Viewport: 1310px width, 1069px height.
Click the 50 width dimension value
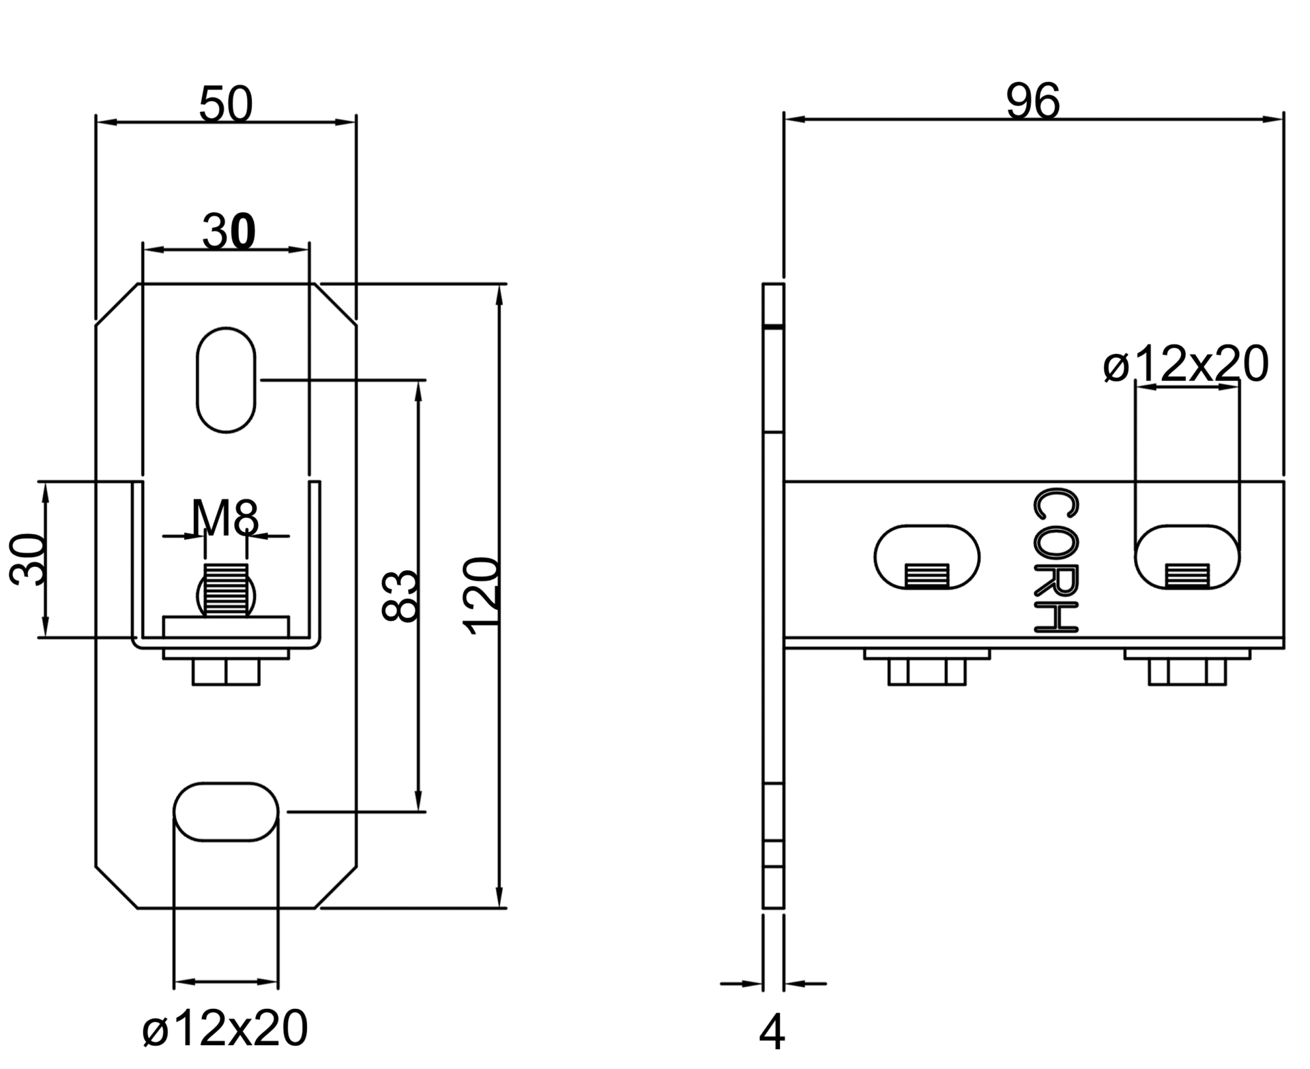click(x=226, y=105)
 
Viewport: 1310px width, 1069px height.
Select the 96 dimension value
click(x=1033, y=102)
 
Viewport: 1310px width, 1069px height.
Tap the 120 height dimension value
click(x=482, y=596)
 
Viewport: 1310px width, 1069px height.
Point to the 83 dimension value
click(x=400, y=596)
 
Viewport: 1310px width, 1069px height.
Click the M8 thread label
click(x=225, y=518)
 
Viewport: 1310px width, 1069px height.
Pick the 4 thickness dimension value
click(x=772, y=1033)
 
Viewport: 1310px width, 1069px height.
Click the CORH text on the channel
click(x=1056, y=560)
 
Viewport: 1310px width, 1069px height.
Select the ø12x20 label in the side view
click(x=1186, y=364)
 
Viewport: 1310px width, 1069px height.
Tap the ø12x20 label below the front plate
click(x=225, y=1028)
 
